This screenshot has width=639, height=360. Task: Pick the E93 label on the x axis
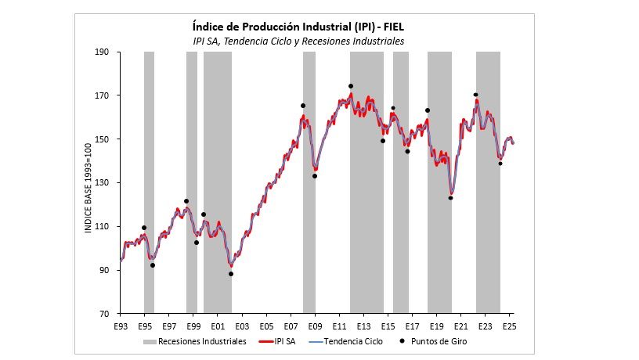tap(120, 325)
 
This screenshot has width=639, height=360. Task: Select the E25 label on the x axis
tap(508, 325)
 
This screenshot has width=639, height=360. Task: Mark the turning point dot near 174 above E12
tap(350, 86)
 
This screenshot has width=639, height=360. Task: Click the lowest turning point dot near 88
tap(231, 274)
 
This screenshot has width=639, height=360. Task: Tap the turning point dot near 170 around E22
tap(475, 95)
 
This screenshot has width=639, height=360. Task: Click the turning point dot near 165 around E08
tap(302, 106)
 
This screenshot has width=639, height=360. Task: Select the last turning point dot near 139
tap(500, 164)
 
